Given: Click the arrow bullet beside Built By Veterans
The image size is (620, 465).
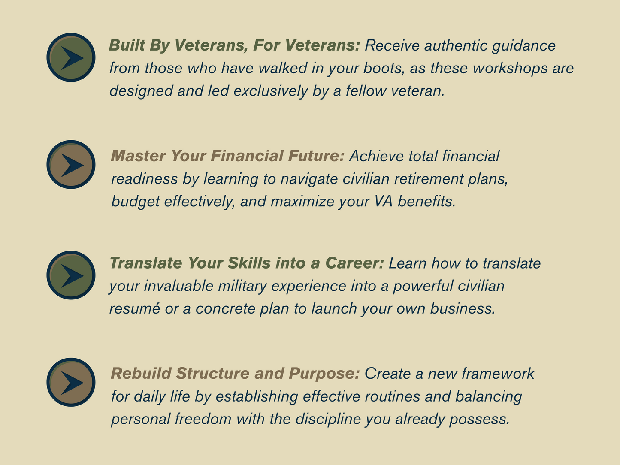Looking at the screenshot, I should pos(71,57).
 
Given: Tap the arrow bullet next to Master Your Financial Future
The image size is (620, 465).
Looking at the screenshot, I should pos(71,165).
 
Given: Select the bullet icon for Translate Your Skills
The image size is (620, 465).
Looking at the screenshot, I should pos(71,275).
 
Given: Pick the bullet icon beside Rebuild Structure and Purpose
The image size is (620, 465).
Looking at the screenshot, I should pos(71,382).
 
